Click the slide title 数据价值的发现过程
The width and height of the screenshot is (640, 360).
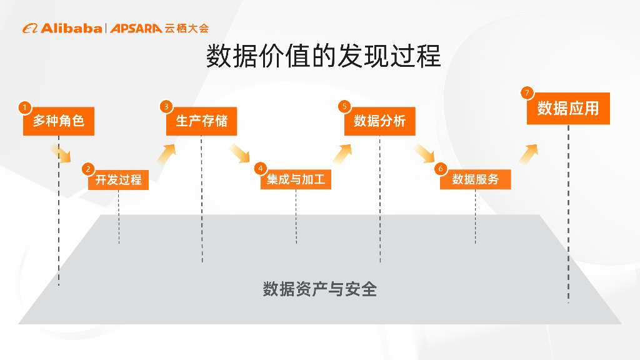(324, 56)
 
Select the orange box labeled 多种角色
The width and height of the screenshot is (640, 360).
(59, 121)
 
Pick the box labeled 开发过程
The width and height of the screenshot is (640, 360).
(118, 180)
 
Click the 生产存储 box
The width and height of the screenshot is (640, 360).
(201, 121)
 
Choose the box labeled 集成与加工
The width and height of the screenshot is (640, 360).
(296, 180)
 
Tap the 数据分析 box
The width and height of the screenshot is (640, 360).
(380, 121)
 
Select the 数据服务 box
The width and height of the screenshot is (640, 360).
(475, 180)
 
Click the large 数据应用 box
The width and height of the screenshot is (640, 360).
(568, 109)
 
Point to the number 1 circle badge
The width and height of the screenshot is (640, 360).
(24, 107)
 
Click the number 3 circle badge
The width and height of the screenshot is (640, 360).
(166, 106)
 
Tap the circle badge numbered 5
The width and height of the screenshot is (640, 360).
(344, 106)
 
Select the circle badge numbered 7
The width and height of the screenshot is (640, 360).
(527, 93)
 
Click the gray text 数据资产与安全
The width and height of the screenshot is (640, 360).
(319, 289)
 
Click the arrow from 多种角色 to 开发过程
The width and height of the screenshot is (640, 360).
(61, 152)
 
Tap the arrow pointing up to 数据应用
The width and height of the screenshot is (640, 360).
(528, 154)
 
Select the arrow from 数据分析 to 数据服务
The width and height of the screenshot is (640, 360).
(425, 152)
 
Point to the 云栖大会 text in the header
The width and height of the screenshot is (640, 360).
(187, 28)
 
